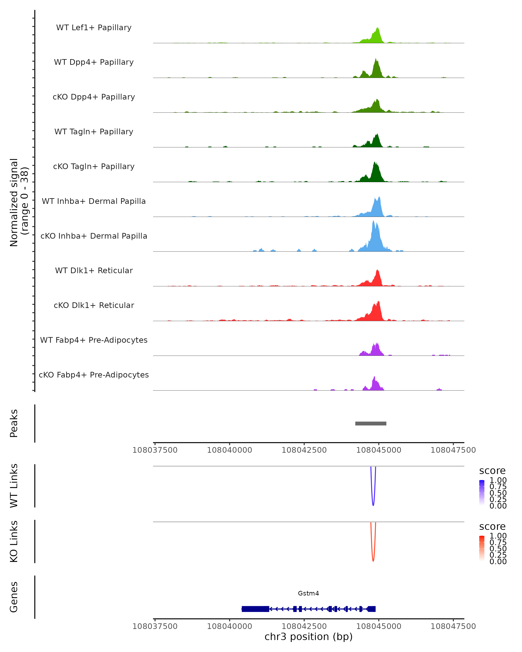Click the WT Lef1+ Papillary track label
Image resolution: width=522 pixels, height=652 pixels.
coord(94,28)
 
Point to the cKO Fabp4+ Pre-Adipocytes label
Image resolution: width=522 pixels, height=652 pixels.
coord(94,375)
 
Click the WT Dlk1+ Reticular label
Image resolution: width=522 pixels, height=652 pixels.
coord(94,270)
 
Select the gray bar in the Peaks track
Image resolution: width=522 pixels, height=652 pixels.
coord(371,423)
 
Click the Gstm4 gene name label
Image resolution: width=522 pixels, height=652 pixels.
coord(308,593)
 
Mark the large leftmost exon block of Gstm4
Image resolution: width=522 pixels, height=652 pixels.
coord(255,609)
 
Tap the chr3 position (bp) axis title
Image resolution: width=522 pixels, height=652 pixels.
coord(308,637)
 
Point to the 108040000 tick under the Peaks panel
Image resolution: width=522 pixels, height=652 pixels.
coord(229,450)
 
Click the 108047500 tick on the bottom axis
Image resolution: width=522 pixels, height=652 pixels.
coord(453,626)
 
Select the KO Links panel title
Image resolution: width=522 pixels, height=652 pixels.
coord(14,541)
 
